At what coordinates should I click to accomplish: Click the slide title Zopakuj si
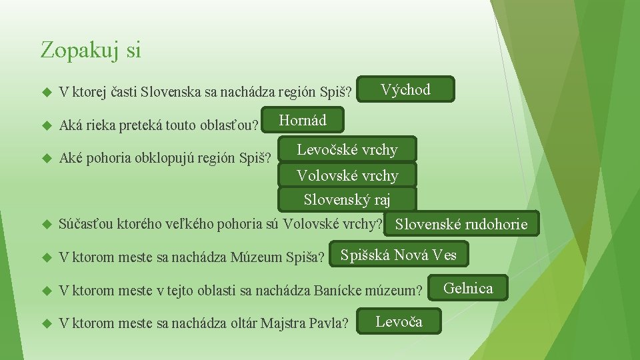pyautogui.click(x=91, y=50)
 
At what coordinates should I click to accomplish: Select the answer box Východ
pyautogui.click(x=405, y=89)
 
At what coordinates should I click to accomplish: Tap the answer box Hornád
pyautogui.click(x=303, y=121)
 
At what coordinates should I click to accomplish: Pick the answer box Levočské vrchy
pyautogui.click(x=347, y=150)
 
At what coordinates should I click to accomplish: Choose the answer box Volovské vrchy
pyautogui.click(x=347, y=176)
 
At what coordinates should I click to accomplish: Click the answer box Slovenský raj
pyautogui.click(x=347, y=199)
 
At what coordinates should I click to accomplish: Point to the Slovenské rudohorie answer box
pyautogui.click(x=461, y=225)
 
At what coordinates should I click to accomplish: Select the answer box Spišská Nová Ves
pyautogui.click(x=398, y=255)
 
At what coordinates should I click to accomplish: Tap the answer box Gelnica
pyautogui.click(x=468, y=289)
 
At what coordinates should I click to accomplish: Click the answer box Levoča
pyautogui.click(x=399, y=321)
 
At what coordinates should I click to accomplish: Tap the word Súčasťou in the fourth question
pyautogui.click(x=84, y=224)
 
